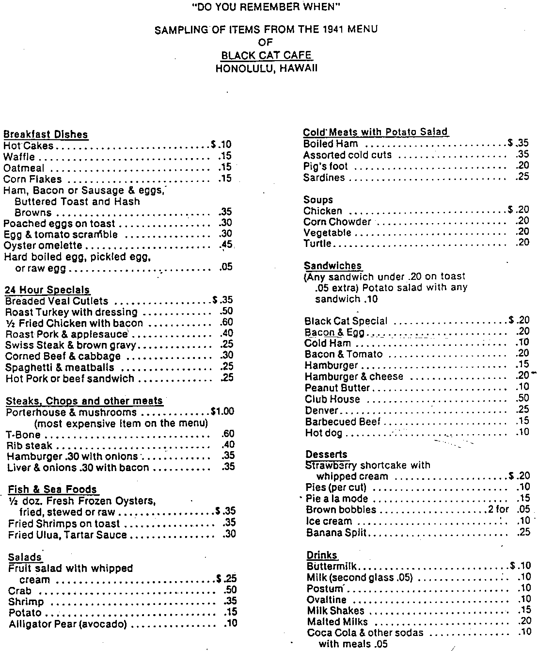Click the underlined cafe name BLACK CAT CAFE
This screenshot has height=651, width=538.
[x=266, y=55]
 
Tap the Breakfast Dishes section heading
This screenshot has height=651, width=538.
[x=46, y=134]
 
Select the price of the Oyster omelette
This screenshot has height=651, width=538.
[x=226, y=245]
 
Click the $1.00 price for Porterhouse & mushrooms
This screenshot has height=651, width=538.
[x=222, y=411]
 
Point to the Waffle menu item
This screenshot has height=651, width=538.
[x=19, y=157]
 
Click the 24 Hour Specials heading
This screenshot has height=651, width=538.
[x=47, y=290]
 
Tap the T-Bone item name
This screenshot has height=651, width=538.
[x=23, y=435]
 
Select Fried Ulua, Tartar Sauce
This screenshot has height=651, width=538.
[x=67, y=535]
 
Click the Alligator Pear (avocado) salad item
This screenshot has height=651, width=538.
[x=67, y=624]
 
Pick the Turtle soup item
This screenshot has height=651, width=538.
[x=317, y=244]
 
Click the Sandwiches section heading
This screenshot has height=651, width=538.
[x=332, y=266]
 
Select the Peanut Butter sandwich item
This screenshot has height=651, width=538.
[x=337, y=388]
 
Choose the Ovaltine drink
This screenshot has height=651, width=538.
[x=326, y=600]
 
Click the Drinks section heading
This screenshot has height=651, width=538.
[x=322, y=555]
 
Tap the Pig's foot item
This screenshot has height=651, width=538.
[x=326, y=166]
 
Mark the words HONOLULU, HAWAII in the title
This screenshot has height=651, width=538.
[x=266, y=68]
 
